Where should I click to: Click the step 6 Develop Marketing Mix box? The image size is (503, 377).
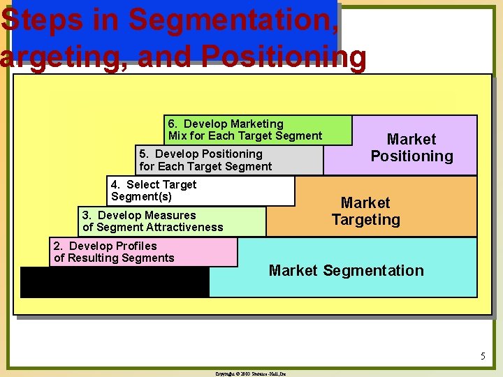(258, 130)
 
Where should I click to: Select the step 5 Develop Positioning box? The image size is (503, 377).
(229, 160)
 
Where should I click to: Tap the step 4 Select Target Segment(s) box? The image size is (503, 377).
(201, 191)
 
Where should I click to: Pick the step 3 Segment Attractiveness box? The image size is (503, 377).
(173, 221)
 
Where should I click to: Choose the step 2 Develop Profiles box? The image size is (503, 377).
(144, 252)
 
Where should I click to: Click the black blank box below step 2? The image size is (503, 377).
(115, 282)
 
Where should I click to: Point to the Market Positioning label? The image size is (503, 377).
(411, 148)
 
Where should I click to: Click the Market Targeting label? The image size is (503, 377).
(365, 211)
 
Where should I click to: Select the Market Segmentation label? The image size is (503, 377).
(346, 271)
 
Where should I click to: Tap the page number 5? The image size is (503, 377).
(482, 357)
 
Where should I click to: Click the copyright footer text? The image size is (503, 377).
(251, 374)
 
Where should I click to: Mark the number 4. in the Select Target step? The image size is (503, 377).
(116, 185)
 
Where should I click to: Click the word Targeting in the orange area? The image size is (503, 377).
(365, 220)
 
